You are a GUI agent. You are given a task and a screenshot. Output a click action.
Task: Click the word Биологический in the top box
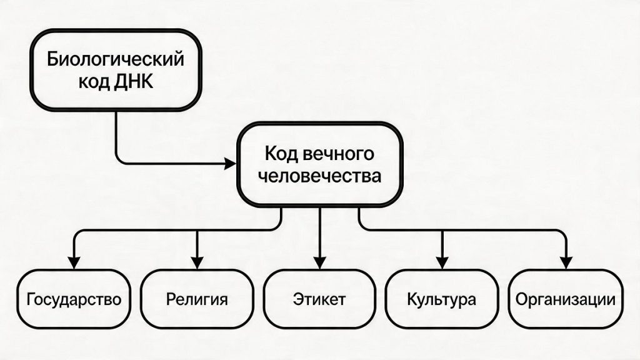tap(116, 60)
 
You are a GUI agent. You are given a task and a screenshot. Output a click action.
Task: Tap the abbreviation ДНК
tap(138, 81)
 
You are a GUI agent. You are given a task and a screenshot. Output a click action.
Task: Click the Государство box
tap(74, 299)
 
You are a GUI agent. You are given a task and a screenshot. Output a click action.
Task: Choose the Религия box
tap(196, 299)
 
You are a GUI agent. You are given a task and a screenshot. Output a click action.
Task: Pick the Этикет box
tap(319, 299)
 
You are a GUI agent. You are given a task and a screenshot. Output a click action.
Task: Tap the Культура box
tap(441, 299)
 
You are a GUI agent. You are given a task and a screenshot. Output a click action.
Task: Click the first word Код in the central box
tap(280, 154)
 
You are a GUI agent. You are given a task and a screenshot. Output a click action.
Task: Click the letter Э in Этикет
tap(297, 299)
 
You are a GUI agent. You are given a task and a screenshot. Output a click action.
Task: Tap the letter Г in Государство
tap(31, 299)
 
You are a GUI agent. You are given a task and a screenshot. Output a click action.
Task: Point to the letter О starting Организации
tap(522, 299)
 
